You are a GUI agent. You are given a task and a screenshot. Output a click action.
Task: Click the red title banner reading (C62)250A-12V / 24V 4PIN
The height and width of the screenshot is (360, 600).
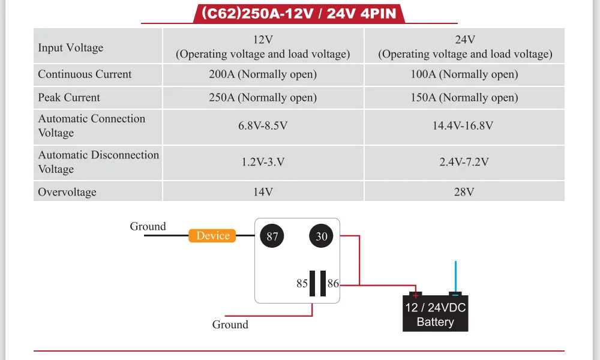pyautogui.click(x=299, y=13)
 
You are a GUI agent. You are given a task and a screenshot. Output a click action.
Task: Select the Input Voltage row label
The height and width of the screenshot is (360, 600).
pyautogui.click(x=71, y=47)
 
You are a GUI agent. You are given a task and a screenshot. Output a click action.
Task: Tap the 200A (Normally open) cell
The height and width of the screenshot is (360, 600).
pyautogui.click(x=263, y=74)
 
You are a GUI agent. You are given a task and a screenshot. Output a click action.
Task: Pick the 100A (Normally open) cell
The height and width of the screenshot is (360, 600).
pyautogui.click(x=464, y=74)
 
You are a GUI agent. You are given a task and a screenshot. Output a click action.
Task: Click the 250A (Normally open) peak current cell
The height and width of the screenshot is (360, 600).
pyautogui.click(x=263, y=97)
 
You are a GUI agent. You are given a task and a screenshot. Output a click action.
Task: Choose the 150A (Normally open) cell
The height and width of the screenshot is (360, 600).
pyautogui.click(x=464, y=97)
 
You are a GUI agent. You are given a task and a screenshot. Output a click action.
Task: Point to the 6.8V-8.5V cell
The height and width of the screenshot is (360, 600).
pyautogui.click(x=263, y=126)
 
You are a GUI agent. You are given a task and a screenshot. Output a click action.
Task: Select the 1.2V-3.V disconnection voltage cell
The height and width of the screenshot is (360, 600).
pyautogui.click(x=263, y=162)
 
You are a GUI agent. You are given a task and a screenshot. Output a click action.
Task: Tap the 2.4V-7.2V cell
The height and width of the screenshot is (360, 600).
pyautogui.click(x=464, y=162)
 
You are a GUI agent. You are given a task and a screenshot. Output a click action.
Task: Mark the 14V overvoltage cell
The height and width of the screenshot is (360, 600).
pyautogui.click(x=263, y=192)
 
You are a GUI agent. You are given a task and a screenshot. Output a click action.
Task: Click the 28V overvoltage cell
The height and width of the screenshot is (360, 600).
pyautogui.click(x=464, y=192)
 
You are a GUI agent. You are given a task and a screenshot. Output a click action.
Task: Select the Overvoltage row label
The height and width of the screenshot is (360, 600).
pyautogui.click(x=67, y=192)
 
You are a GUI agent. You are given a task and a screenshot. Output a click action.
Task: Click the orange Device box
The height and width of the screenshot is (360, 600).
pyautogui.click(x=213, y=236)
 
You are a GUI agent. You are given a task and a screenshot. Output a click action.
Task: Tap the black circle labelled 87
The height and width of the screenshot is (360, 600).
pyautogui.click(x=272, y=236)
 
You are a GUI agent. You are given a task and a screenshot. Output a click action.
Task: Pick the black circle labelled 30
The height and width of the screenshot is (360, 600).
pyautogui.click(x=322, y=236)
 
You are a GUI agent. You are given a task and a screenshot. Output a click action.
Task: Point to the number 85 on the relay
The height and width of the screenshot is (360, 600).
pyautogui.click(x=302, y=283)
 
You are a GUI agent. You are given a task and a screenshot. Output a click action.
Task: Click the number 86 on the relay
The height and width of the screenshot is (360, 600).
pyautogui.click(x=334, y=283)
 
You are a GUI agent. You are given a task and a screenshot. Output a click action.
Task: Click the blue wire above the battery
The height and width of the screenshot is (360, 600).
pyautogui.click(x=456, y=276)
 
